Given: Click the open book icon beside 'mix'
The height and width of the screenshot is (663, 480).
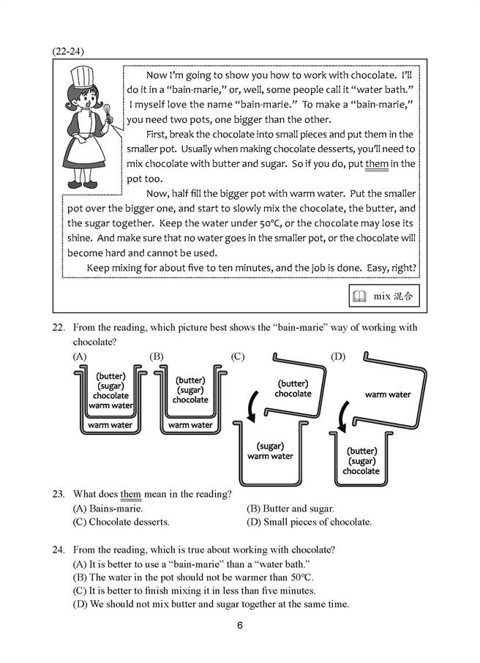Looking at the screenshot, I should [359, 296].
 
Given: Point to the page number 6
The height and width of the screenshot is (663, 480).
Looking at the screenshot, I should [239, 625].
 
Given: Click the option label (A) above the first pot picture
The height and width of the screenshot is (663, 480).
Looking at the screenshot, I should [80, 356].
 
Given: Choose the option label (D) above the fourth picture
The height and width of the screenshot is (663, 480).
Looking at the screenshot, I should [337, 356].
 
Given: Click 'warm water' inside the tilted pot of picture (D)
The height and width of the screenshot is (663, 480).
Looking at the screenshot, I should [387, 395].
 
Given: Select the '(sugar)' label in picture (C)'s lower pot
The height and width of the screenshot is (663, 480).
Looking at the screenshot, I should [270, 446].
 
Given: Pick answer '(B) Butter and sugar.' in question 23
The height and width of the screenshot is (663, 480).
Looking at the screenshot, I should [290, 508].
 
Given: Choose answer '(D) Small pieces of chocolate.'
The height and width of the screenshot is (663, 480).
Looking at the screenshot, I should [310, 522].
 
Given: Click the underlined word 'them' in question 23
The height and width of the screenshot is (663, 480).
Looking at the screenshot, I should [130, 494].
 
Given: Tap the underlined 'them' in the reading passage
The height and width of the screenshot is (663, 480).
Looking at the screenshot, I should [376, 164].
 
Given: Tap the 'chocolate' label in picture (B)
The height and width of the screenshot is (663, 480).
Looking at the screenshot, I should [190, 400].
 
